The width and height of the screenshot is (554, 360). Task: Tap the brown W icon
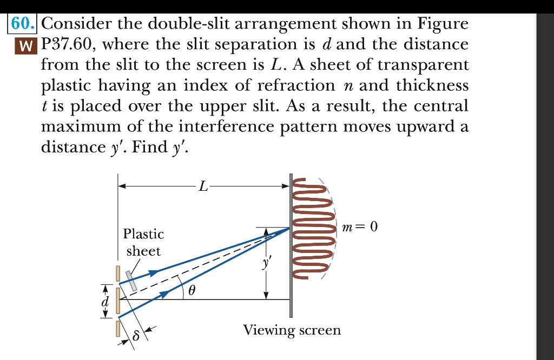click(x=22, y=44)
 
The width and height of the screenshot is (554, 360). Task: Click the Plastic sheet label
click(x=143, y=242)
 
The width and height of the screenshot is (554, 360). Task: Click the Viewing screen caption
click(x=292, y=330)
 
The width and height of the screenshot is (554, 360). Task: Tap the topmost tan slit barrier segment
click(x=117, y=273)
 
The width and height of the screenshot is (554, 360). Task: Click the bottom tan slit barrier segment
click(x=117, y=328)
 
